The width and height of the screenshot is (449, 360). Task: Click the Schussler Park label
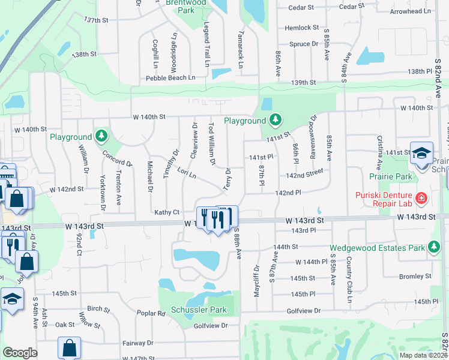(199, 310)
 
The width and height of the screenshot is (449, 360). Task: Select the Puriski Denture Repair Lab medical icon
(421, 197)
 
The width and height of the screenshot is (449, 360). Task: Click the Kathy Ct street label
(167, 212)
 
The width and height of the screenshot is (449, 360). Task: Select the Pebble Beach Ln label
(170, 78)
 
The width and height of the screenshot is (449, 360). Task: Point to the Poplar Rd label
(151, 313)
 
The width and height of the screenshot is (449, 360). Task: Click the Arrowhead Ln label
(410, 11)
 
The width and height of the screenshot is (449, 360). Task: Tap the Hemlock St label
(302, 28)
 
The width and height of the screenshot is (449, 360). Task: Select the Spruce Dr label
(304, 44)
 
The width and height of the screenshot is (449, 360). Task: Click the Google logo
(20, 353)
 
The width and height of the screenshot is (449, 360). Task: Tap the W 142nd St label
(66, 189)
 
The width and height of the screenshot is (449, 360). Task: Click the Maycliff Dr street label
(257, 279)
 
